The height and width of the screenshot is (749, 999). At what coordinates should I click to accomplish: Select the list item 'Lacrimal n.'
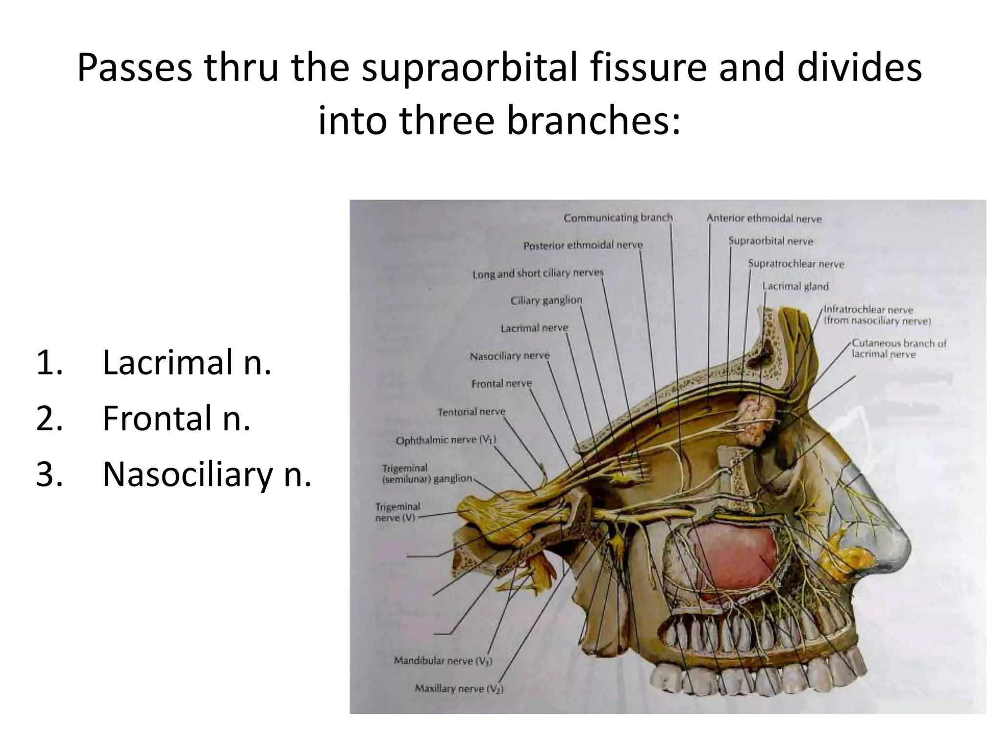pos(187,363)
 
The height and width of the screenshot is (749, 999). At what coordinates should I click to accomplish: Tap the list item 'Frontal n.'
pos(177,418)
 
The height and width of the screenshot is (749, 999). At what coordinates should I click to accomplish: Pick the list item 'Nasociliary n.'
pos(207,474)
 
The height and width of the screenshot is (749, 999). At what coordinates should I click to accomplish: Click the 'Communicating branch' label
pos(618,217)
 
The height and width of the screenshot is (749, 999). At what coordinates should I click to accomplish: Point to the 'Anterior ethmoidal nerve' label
pos(764,219)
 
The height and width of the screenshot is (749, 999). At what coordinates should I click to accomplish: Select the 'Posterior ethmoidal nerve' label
pos(583,245)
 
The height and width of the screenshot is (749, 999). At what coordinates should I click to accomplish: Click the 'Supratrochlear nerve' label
pos(796,264)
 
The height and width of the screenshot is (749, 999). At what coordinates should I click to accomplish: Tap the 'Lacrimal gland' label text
pos(795,286)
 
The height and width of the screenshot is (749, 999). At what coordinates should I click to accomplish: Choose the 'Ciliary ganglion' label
pos(546,300)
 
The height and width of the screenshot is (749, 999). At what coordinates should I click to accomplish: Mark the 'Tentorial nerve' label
pos(471,412)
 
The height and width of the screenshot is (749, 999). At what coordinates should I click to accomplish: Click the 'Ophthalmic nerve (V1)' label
pos(445,440)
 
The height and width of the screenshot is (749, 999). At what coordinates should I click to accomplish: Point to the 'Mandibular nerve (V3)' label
pos(443,661)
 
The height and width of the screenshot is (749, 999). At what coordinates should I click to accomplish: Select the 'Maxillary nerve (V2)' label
pos(459,689)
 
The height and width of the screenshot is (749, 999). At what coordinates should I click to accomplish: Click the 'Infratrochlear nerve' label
pos(868,310)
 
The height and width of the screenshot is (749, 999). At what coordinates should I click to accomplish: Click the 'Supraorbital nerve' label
pos(771,241)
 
